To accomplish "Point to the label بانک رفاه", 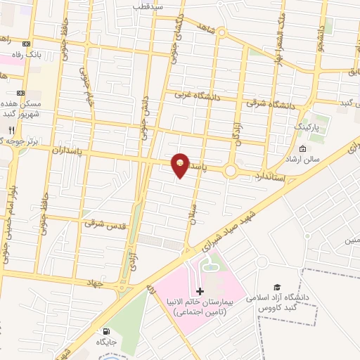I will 30,54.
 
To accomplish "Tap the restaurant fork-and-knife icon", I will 11,130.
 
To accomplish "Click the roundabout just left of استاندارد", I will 231,171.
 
